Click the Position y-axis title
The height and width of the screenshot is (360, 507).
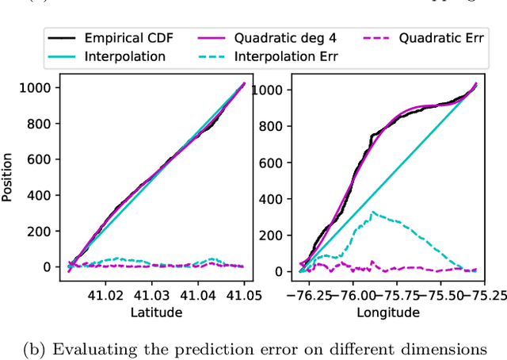coord(8,176)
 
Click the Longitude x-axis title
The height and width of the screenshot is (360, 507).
coord(387,313)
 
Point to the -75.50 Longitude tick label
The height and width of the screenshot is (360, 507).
coord(435,295)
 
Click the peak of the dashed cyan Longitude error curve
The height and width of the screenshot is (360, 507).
coord(372,212)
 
